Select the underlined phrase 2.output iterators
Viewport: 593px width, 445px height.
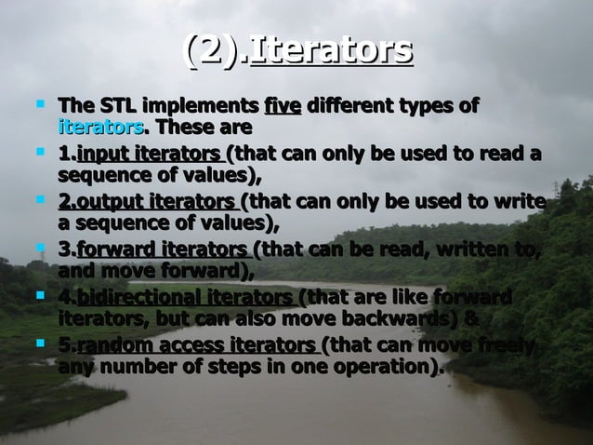tap(147, 202)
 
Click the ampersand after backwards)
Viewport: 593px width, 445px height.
tap(471, 318)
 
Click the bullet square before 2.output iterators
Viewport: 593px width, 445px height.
tap(39, 200)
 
